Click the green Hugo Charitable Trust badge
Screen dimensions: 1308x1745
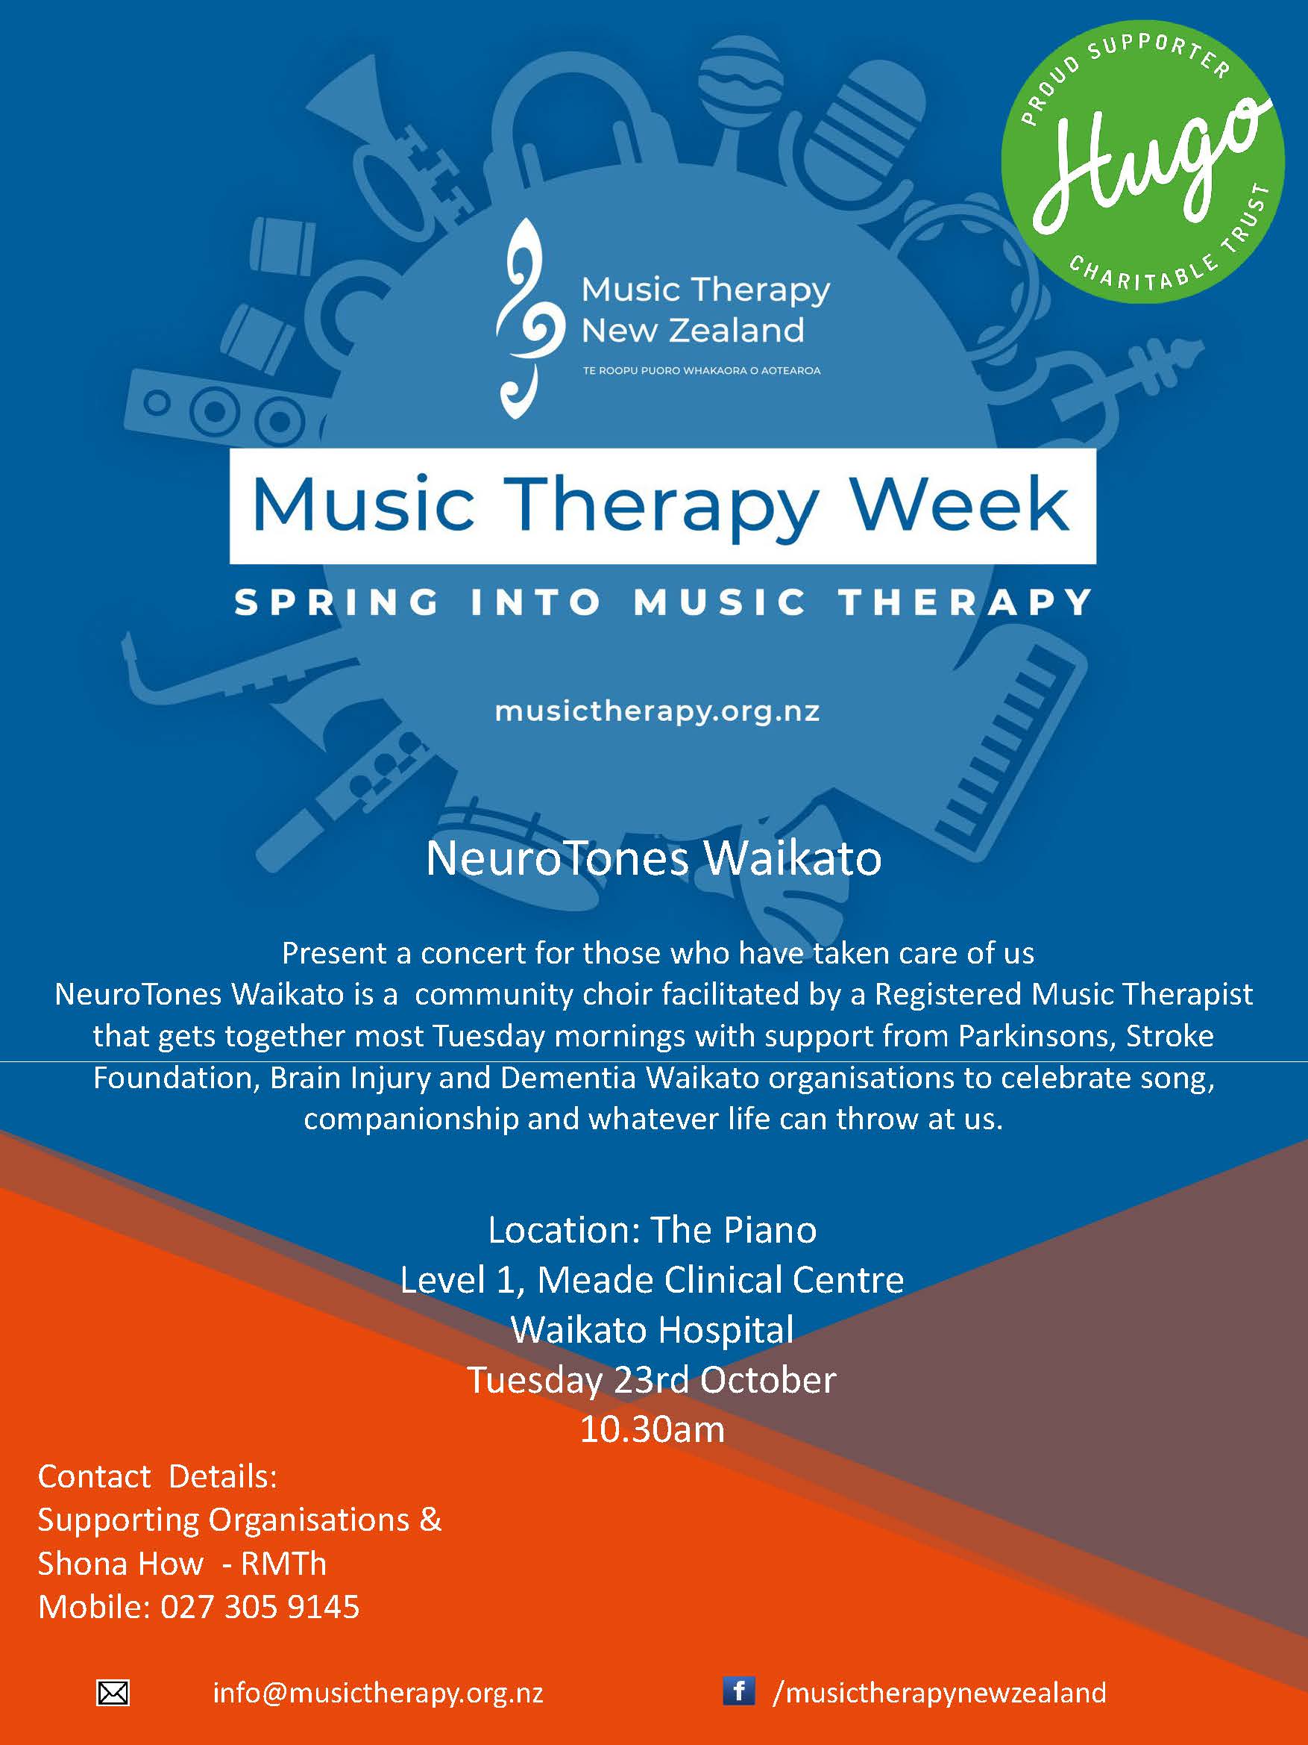point(1142,161)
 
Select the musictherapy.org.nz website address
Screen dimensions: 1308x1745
point(658,712)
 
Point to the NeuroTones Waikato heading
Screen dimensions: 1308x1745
point(653,858)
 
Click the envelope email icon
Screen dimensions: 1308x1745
point(113,1693)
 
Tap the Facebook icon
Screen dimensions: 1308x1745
point(739,1691)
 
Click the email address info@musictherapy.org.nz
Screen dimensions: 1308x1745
point(377,1693)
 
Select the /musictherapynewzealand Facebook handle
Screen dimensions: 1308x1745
point(940,1693)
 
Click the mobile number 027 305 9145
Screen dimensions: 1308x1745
point(260,1607)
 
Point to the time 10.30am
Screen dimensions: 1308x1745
point(652,1429)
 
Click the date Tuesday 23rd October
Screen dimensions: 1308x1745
point(652,1380)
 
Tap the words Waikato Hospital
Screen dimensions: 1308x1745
point(652,1330)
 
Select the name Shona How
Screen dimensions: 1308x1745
point(121,1564)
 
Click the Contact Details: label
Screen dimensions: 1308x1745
point(157,1477)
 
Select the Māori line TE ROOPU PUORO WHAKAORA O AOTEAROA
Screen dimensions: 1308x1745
point(702,370)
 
